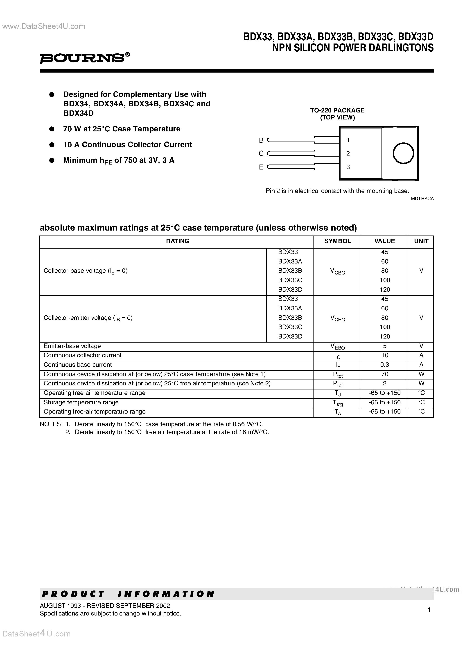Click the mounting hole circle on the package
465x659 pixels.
click(403, 153)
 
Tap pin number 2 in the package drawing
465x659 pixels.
click(348, 153)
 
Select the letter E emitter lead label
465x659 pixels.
click(261, 167)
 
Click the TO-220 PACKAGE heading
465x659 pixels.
click(337, 110)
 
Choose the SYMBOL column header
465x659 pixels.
click(337, 241)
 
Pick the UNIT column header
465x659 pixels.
click(421, 241)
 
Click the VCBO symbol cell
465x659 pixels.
click(337, 271)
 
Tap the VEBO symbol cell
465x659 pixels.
click(337, 346)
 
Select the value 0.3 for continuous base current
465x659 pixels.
click(384, 365)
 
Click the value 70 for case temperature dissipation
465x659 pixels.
click(384, 374)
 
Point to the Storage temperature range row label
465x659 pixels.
click(81, 402)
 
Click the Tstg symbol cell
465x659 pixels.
click(337, 403)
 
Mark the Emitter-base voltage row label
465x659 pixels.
click(72, 346)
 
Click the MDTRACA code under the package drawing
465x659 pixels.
click(422, 199)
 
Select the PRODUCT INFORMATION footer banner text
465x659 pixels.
click(128, 594)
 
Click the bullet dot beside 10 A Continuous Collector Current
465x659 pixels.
click(52, 145)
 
